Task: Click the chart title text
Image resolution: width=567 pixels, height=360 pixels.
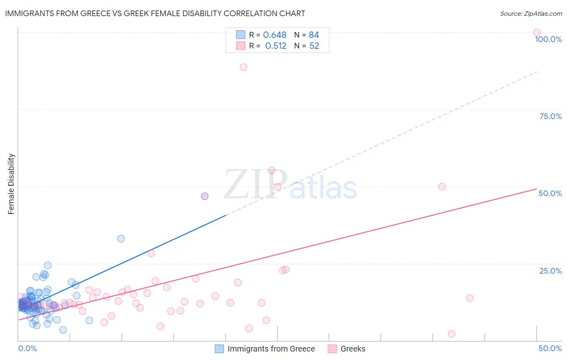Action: [x=155, y=13]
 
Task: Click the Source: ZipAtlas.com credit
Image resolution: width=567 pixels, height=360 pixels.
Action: [x=531, y=13]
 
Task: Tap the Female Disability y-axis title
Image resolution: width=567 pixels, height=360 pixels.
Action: [x=11, y=184]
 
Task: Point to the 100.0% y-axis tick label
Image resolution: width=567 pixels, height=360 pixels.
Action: [x=548, y=39]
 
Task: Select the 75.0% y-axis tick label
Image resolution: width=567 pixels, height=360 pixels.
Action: [x=550, y=116]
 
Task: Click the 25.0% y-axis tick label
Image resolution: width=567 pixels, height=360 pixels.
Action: [x=550, y=271]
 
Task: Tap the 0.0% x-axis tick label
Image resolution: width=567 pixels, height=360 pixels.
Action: [x=27, y=348]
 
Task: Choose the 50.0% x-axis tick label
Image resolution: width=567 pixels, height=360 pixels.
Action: [x=550, y=348]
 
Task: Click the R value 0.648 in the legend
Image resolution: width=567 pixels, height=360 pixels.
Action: [x=275, y=35]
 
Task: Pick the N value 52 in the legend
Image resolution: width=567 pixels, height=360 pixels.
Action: [x=314, y=46]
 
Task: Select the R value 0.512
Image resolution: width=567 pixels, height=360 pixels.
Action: [x=276, y=46]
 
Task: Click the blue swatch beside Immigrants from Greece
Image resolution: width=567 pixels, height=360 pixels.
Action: [x=219, y=349]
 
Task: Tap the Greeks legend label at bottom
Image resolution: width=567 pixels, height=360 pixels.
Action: [x=353, y=349]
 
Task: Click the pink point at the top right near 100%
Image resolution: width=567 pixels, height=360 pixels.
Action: [x=537, y=32]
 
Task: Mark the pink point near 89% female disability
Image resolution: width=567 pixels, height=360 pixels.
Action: [x=243, y=67]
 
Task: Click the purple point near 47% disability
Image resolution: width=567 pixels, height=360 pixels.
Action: [x=204, y=196]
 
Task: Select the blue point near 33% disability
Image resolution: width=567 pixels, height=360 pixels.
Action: [x=121, y=239]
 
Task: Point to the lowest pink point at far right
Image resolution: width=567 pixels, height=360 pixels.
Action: [x=452, y=334]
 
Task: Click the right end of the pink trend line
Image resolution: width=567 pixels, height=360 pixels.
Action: [x=536, y=189]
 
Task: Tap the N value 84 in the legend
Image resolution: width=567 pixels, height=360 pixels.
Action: [x=314, y=35]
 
